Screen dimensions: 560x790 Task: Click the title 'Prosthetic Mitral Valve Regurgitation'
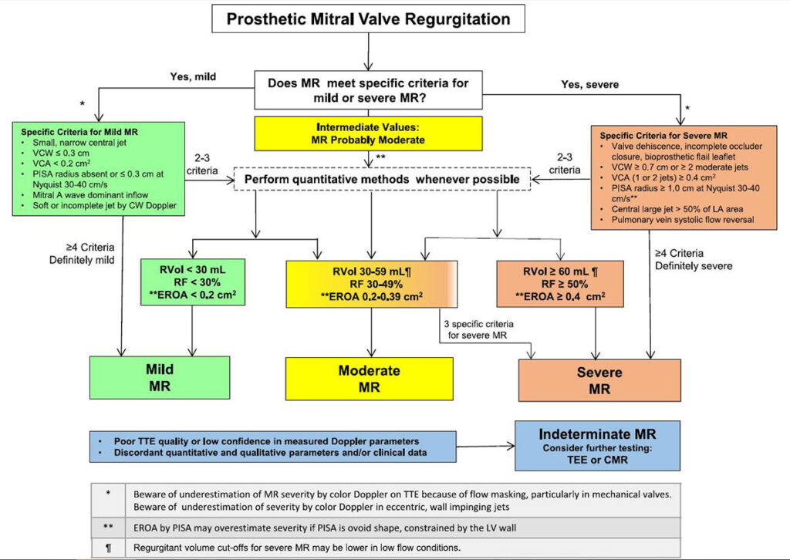[x=368, y=19]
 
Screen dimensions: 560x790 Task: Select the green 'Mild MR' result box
[x=160, y=378]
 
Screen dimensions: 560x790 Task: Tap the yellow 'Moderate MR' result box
[x=369, y=378]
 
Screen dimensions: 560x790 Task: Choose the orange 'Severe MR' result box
[x=599, y=380]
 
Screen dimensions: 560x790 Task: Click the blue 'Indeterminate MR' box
[x=598, y=445]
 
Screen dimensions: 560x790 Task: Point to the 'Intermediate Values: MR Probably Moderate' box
[x=369, y=133]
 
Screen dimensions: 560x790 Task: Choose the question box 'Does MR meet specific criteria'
[x=369, y=89]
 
